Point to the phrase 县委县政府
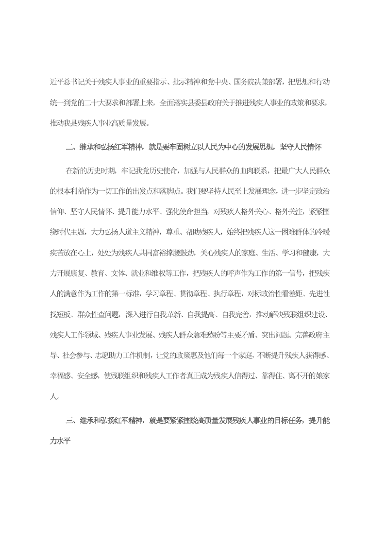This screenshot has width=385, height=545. pos(188,103)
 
